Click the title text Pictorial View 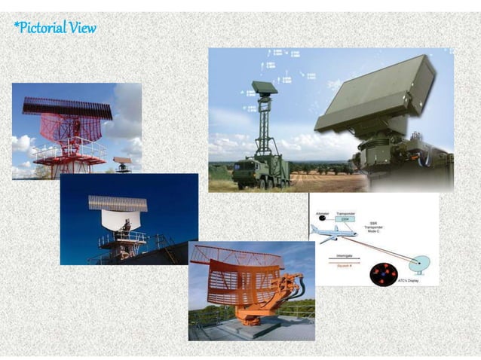pos(54,29)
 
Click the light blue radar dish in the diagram pos(420,264)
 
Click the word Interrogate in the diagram pos(348,255)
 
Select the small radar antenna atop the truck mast pos(265,88)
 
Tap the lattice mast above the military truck pos(265,128)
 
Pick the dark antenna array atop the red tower pos(66,108)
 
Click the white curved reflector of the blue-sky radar pos(121,219)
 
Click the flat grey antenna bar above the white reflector pos(117,203)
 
